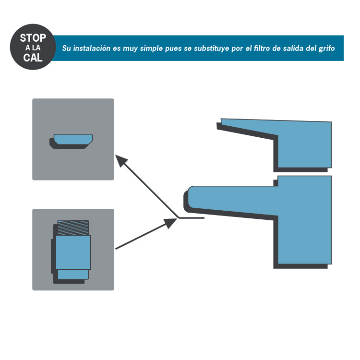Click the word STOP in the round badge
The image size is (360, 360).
click(33, 38)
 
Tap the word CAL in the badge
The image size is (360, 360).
click(33, 58)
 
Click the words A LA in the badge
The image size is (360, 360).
click(33, 48)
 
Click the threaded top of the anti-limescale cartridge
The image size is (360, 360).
click(73, 228)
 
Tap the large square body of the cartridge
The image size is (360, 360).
click(73, 252)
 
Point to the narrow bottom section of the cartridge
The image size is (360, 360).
click(73, 274)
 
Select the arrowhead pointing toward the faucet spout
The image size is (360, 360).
click(170, 223)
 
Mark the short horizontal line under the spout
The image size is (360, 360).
click(192, 217)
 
